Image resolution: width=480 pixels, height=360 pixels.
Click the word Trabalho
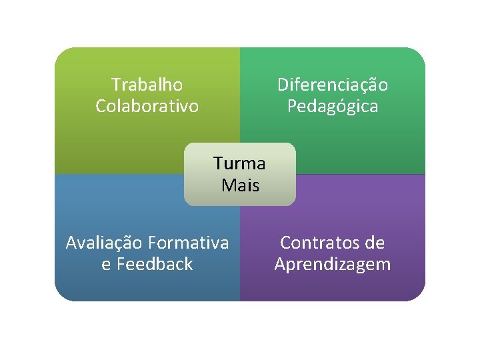coord(147,85)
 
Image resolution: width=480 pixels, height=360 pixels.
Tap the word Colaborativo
coord(147,106)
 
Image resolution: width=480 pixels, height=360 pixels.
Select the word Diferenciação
coord(333,85)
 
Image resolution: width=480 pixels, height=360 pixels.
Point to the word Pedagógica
coord(333,106)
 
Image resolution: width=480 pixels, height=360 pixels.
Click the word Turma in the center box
coord(239,163)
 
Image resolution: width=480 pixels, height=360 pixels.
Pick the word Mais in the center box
coord(240,185)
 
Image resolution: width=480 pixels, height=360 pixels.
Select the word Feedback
coord(155,264)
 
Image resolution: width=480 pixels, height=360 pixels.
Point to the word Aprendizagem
coord(333,264)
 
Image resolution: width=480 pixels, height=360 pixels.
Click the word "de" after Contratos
coord(375,243)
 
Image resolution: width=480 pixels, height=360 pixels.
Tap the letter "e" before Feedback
coord(106,265)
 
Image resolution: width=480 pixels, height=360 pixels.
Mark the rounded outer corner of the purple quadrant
coord(418,294)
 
